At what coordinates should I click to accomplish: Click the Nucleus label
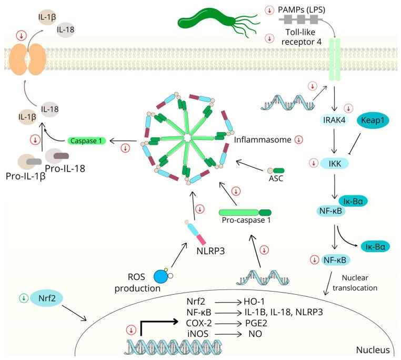click(372, 350)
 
